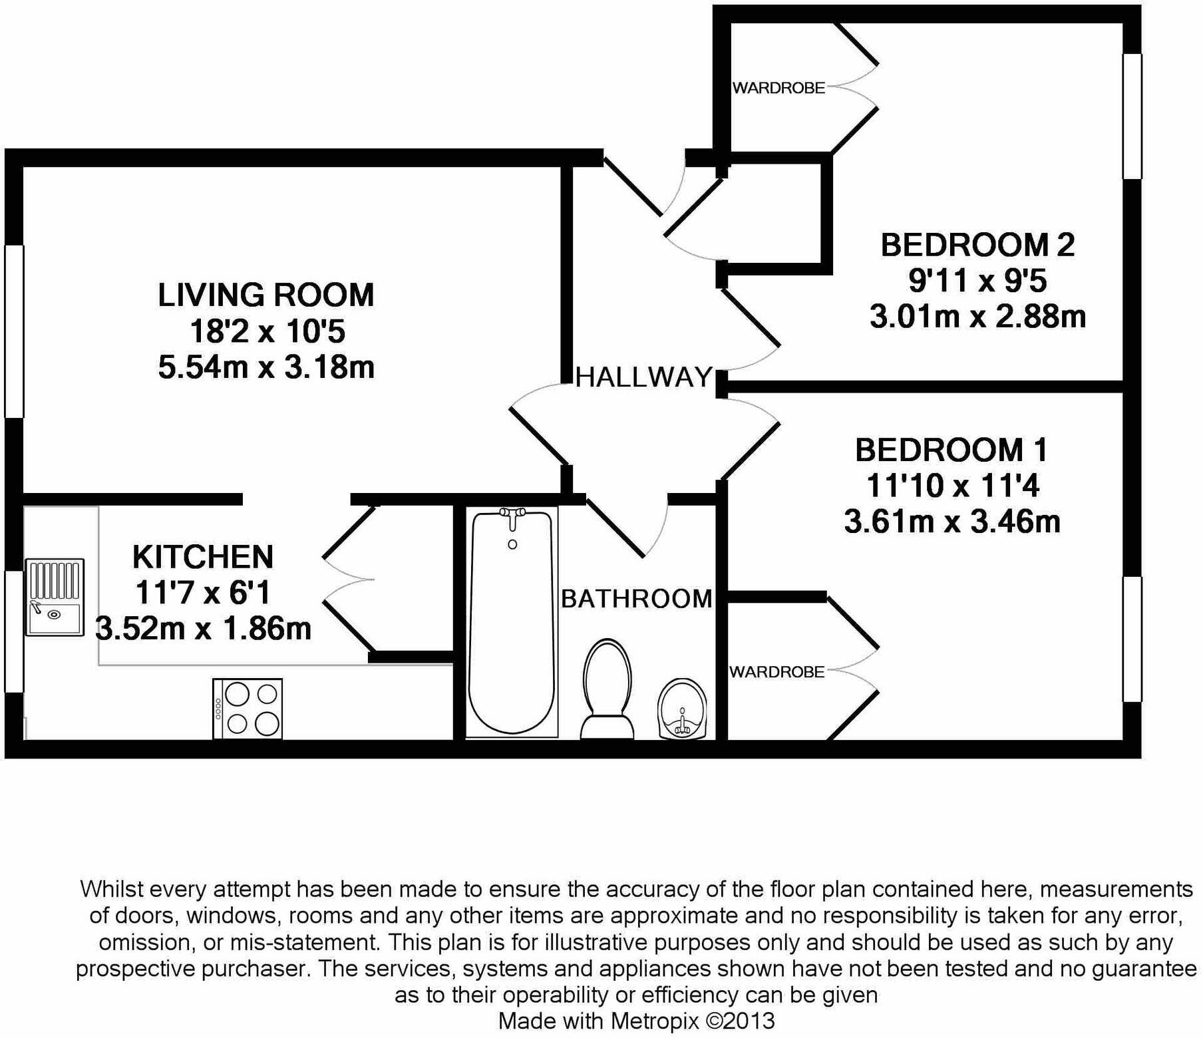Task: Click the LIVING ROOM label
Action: pyautogui.click(x=265, y=295)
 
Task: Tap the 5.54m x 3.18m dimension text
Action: pyautogui.click(x=266, y=367)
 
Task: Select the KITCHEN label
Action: pyautogui.click(x=203, y=557)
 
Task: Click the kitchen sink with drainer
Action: pyautogui.click(x=55, y=598)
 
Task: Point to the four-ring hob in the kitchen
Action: pyautogui.click(x=248, y=709)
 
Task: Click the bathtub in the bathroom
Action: pyautogui.click(x=512, y=625)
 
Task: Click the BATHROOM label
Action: pyautogui.click(x=637, y=599)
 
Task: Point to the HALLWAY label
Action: pyautogui.click(x=643, y=377)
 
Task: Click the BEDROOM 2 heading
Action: pyautogui.click(x=977, y=245)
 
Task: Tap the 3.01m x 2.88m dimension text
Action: pyautogui.click(x=977, y=316)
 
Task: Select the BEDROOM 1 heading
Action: pyautogui.click(x=951, y=450)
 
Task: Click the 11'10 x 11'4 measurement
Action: pyautogui.click(x=952, y=486)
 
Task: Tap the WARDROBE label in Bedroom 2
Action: pyautogui.click(x=778, y=88)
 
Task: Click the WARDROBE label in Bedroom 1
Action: pyautogui.click(x=776, y=672)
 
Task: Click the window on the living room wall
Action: pyautogui.click(x=14, y=331)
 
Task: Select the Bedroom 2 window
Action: pyautogui.click(x=1132, y=116)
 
